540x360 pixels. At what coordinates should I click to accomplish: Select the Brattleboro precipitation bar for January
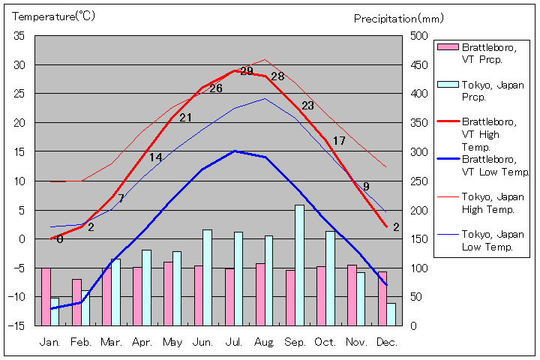46,296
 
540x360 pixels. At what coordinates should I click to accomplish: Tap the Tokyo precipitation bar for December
391,314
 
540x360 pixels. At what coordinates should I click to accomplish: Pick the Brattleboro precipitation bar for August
260,294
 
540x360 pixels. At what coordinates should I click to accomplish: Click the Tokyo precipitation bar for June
207,277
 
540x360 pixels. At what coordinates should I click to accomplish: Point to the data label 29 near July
247,71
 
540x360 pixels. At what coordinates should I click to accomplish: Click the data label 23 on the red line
307,106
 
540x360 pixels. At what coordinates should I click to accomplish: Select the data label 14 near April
155,157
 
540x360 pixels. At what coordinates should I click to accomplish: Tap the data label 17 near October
339,141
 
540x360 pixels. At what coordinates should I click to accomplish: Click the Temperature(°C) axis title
54,16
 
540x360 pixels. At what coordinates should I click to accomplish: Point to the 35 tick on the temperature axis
19,36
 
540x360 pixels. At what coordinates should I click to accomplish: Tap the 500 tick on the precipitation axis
417,36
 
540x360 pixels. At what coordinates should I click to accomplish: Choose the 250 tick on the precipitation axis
417,181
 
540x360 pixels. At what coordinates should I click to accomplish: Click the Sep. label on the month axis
295,342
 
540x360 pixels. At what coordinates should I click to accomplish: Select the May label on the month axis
172,342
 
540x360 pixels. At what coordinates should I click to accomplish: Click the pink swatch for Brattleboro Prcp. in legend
447,46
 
